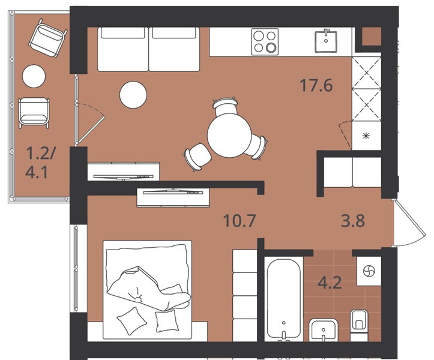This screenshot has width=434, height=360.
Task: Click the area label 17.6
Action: [x=316, y=85]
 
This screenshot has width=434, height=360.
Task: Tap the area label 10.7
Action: [x=239, y=221]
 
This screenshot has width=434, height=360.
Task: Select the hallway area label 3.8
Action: [x=353, y=221]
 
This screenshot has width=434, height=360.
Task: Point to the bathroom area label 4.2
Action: [x=330, y=283]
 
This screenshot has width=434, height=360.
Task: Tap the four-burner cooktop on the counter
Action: [x=265, y=42]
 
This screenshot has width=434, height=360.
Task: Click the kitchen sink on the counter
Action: [x=326, y=41]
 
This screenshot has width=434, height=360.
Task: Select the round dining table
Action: [x=229, y=136]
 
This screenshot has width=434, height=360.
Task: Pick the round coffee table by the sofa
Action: [x=133, y=95]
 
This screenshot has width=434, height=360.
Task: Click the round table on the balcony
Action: [x=34, y=76]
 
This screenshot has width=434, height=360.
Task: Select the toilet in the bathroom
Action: [x=359, y=325]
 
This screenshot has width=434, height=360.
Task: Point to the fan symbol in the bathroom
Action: [x=369, y=271]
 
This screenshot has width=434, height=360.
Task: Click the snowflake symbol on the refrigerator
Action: [x=366, y=136]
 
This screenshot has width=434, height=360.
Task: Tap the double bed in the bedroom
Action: [x=147, y=290]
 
